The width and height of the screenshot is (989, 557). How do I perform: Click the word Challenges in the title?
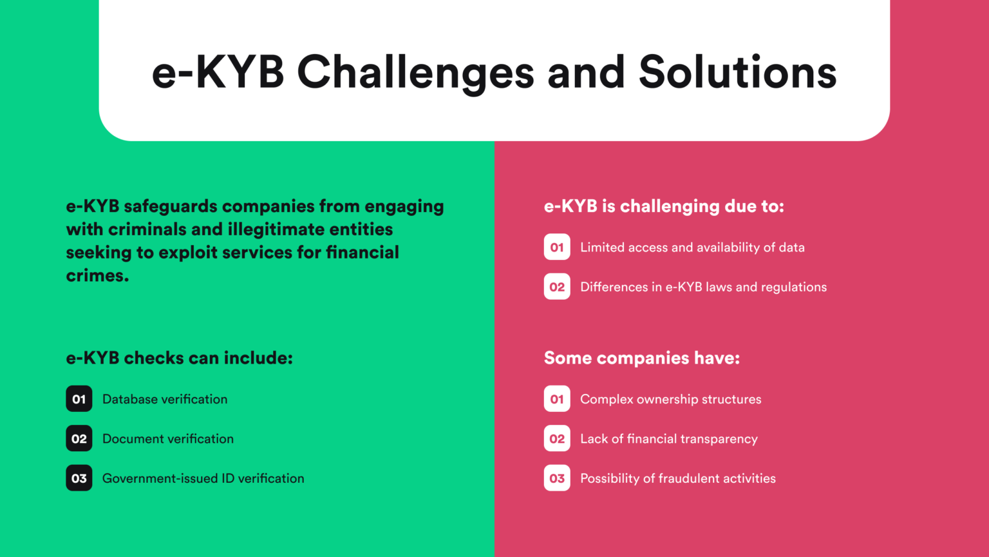415,72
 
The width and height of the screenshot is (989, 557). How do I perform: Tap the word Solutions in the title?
737,72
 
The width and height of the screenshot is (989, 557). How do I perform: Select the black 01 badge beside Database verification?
79,399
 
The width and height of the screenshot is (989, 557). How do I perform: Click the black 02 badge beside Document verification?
79,439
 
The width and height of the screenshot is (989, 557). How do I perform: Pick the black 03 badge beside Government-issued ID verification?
79,478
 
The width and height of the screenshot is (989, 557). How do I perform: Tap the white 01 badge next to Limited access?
557,247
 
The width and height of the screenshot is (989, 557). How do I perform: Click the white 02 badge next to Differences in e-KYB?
557,287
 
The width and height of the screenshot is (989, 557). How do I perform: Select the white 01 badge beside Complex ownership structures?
557,399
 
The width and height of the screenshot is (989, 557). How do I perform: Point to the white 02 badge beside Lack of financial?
557,439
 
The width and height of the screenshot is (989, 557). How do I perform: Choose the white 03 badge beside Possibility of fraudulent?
557,478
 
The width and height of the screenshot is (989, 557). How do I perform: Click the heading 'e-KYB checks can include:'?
179,358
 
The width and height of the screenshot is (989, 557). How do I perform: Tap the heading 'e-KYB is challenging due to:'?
664,206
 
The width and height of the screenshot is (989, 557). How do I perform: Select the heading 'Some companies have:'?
641,358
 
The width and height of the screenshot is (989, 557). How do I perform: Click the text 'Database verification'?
165,399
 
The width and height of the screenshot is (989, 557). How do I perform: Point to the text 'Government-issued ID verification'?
203,478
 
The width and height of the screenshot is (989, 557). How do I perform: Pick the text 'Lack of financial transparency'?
668,439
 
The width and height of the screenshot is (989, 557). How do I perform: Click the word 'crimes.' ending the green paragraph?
97,275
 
